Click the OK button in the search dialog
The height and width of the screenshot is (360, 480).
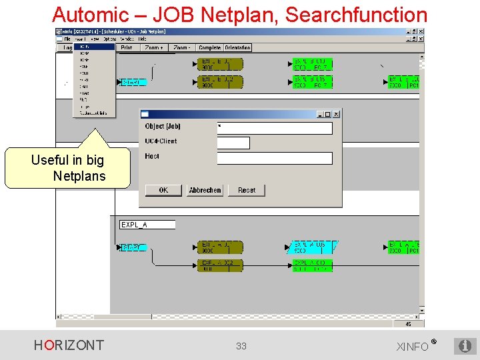pos(163,190)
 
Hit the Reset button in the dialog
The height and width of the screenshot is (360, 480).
pos(246,190)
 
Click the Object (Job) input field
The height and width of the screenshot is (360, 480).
pos(274,128)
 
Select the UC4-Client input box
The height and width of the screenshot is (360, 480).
pos(233,143)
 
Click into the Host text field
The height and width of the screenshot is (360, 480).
pos(274,158)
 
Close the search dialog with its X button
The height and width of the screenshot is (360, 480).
pos(336,114)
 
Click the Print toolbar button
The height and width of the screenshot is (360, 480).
pos(127,48)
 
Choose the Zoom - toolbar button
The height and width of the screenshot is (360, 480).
pos(181,48)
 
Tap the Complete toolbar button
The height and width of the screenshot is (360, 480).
pos(209,48)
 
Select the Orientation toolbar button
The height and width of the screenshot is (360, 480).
pos(237,48)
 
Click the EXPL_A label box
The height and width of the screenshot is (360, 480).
pos(147,225)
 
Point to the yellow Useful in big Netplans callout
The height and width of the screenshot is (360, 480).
pos(67,168)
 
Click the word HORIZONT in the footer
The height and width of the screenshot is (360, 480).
pos(69,345)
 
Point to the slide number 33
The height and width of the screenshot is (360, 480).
pos(241,346)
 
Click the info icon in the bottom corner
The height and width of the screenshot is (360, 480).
pos(465,345)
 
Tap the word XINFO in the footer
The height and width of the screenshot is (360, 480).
pos(413,347)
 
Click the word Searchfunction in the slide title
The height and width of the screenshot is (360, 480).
pos(356,15)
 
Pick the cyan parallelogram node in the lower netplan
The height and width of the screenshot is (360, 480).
pos(313,247)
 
